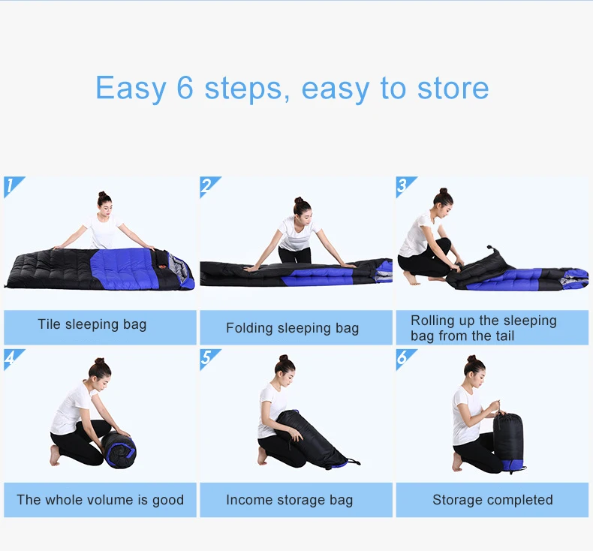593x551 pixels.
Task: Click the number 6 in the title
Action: point(185,88)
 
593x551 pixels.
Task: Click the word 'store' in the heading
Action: point(453,88)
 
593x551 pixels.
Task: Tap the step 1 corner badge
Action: point(14,187)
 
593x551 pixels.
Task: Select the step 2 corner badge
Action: point(210,187)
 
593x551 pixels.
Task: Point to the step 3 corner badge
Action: point(407,187)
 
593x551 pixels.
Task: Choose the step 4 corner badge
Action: point(14,360)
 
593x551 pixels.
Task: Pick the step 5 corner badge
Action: point(210,360)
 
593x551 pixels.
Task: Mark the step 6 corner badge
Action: point(407,360)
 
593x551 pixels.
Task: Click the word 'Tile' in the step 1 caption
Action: point(49,324)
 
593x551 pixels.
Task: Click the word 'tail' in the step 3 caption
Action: point(503,336)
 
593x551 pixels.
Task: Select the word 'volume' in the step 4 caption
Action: point(110,499)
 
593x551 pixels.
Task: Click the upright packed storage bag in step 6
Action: point(508,441)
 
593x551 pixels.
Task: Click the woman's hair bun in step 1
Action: point(102,194)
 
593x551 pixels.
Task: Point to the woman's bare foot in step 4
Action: point(56,455)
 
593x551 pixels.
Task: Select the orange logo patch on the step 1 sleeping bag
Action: point(162,267)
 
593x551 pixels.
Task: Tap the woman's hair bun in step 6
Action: point(471,359)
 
